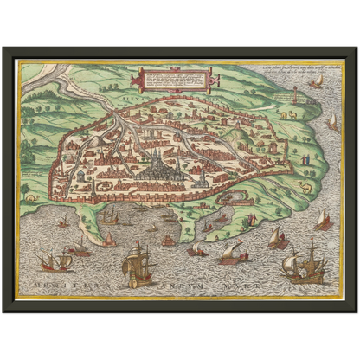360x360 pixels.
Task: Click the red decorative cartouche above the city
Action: pyautogui.click(x=170, y=81)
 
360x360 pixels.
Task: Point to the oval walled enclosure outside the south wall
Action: pyautogui.click(x=233, y=196)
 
